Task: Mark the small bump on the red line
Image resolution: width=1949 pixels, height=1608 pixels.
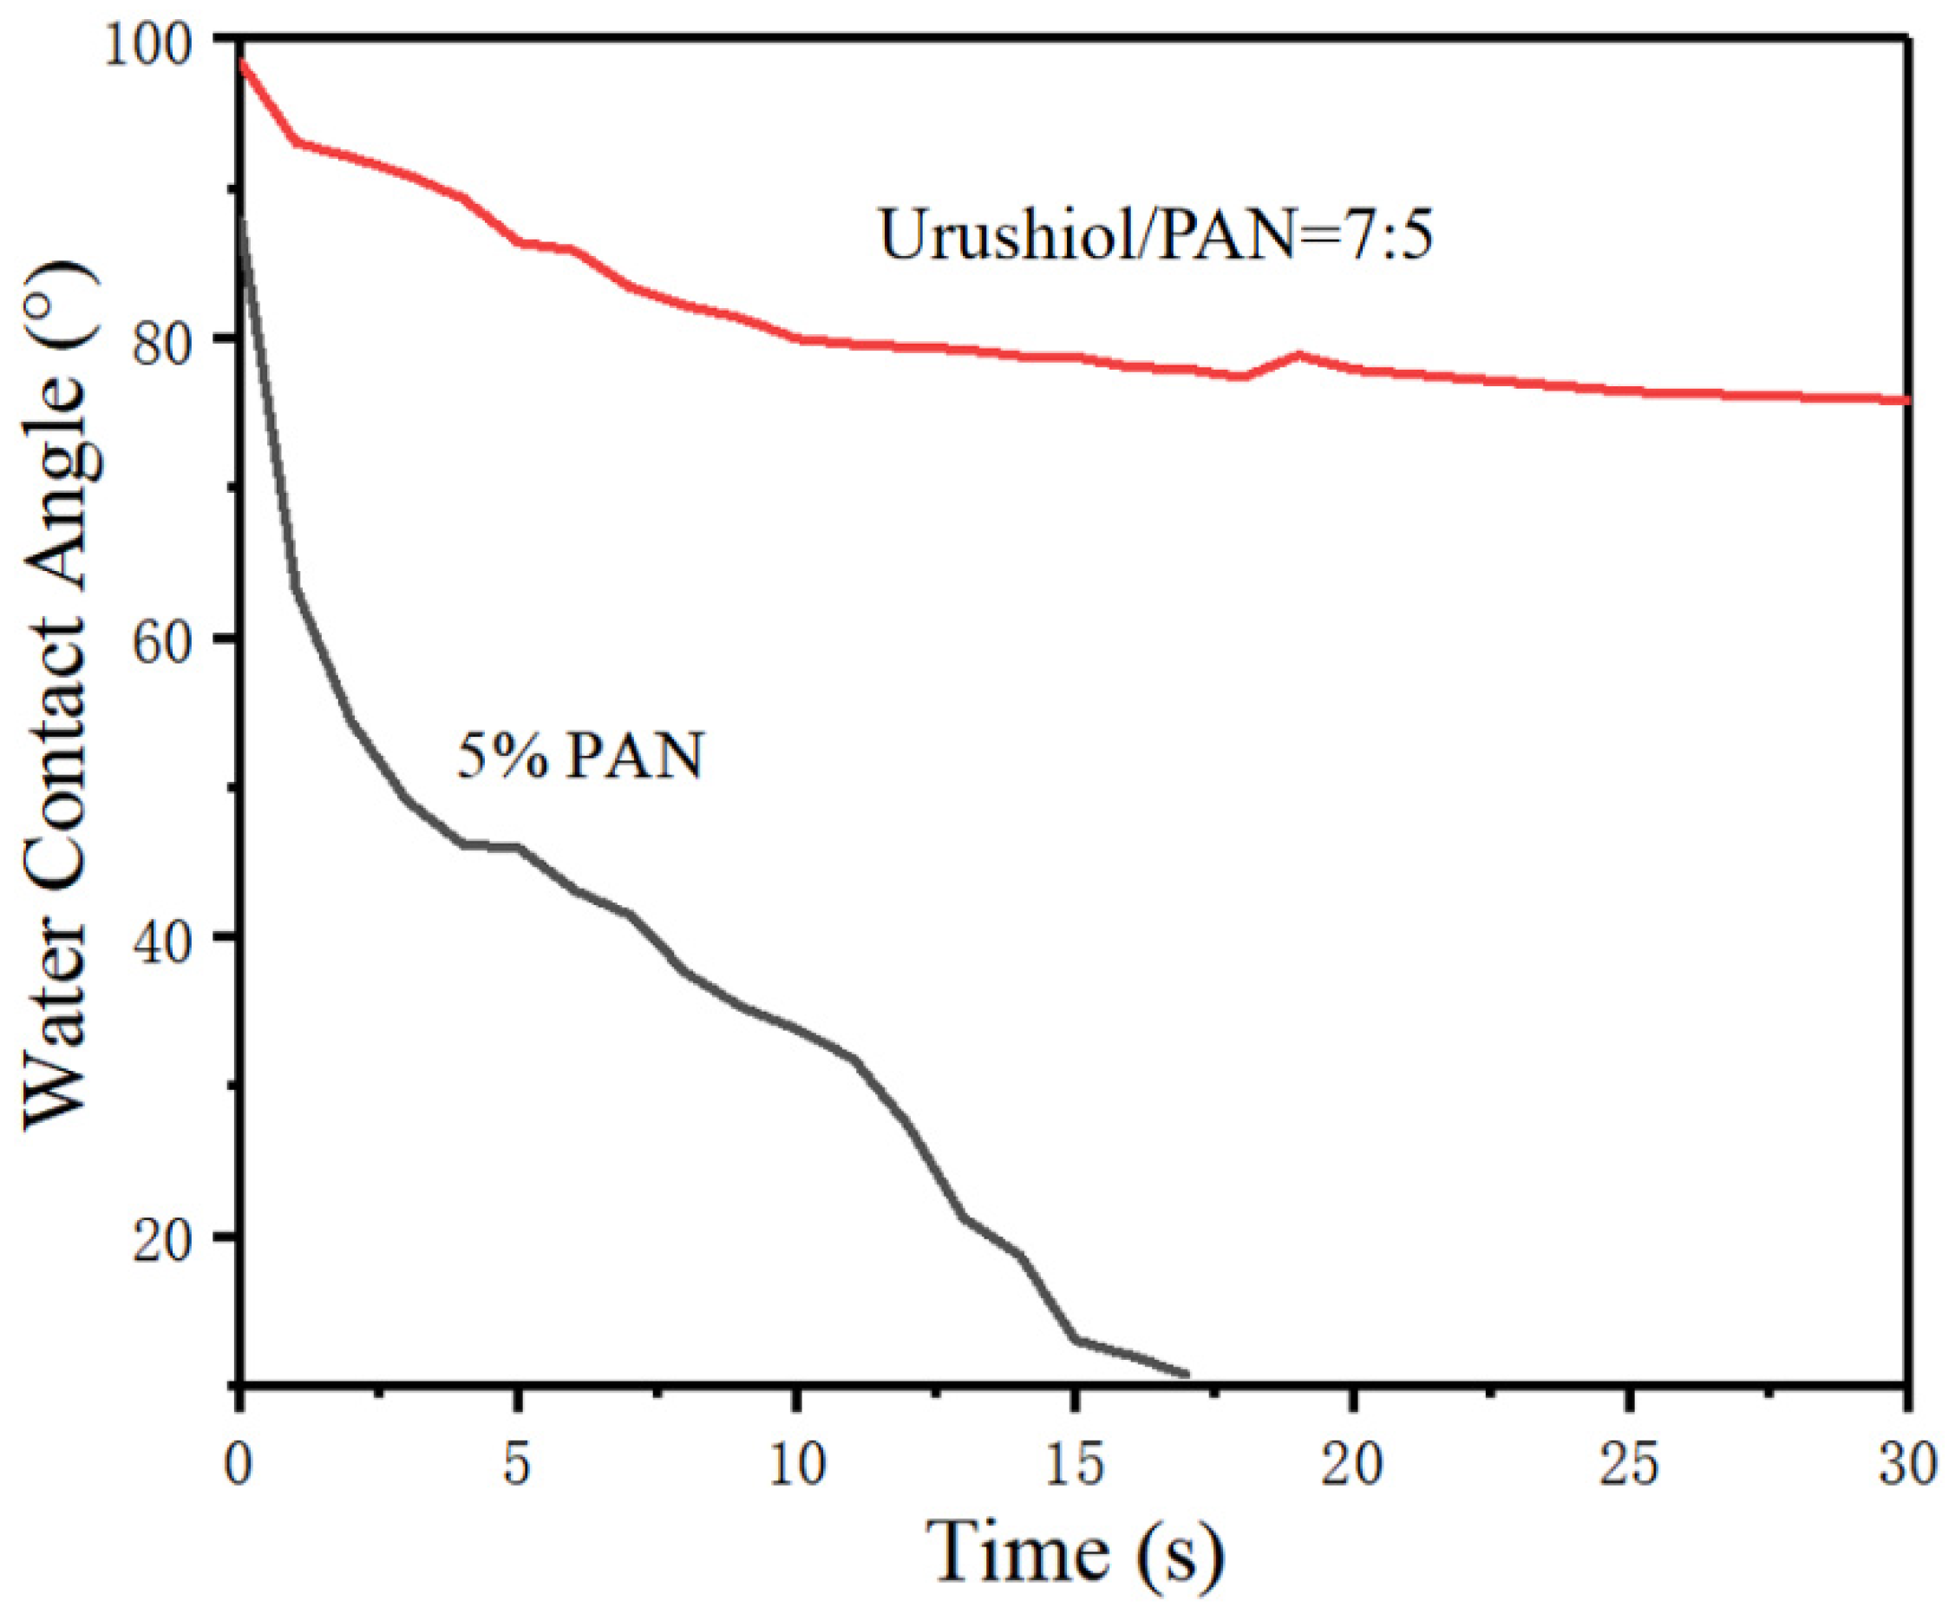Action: coord(1299,355)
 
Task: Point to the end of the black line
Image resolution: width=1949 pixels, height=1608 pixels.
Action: coord(1187,1375)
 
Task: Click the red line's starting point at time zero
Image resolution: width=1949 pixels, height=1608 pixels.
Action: coord(242,61)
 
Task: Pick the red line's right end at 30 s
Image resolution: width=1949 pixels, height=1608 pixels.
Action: coord(1906,400)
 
